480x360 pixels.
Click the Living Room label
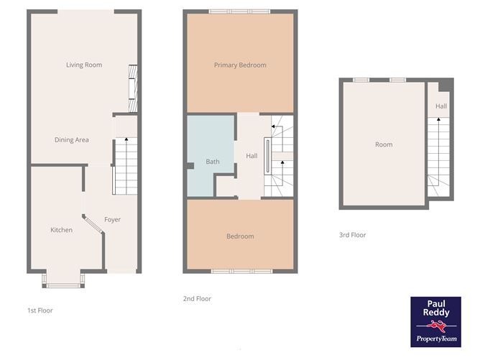coord(84,65)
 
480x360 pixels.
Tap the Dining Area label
coord(72,140)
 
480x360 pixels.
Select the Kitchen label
coord(61,230)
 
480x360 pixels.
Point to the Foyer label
coord(112,219)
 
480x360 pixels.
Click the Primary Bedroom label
coord(240,65)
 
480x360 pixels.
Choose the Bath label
coord(213,162)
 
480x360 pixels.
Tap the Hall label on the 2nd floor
coord(251,156)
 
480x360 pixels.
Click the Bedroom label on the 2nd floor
coord(240,236)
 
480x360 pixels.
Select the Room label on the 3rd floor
coord(384,144)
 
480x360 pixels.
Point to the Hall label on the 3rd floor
coord(441,106)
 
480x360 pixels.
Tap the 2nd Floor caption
coord(197,299)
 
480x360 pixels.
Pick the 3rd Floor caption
coord(353,235)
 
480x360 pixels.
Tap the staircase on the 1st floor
coord(126,166)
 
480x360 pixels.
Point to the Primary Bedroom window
coord(240,11)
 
